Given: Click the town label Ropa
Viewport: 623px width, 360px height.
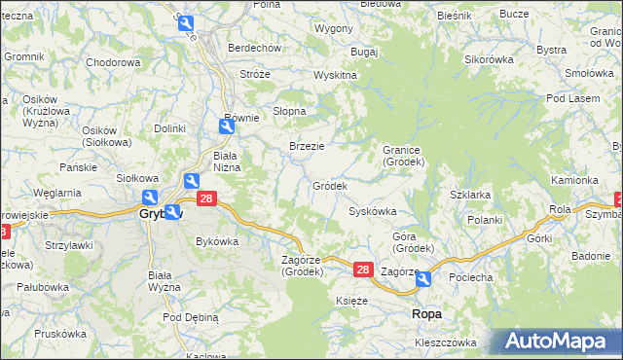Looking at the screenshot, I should [x=427, y=313].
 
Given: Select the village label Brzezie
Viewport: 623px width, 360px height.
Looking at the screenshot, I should [x=307, y=146].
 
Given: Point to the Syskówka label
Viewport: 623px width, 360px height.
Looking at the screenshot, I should [x=373, y=211].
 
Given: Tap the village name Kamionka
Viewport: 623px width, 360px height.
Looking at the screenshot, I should [x=574, y=180].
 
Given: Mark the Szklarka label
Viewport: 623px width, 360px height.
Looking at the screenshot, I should [x=470, y=195].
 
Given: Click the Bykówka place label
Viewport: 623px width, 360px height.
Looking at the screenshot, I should [x=217, y=240].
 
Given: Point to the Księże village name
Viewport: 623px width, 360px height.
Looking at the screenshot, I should [x=351, y=302].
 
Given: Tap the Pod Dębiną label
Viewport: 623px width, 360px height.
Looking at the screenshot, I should [x=191, y=317].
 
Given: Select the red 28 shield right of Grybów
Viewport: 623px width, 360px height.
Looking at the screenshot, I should [x=205, y=198].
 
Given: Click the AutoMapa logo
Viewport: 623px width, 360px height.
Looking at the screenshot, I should [x=564, y=342].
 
